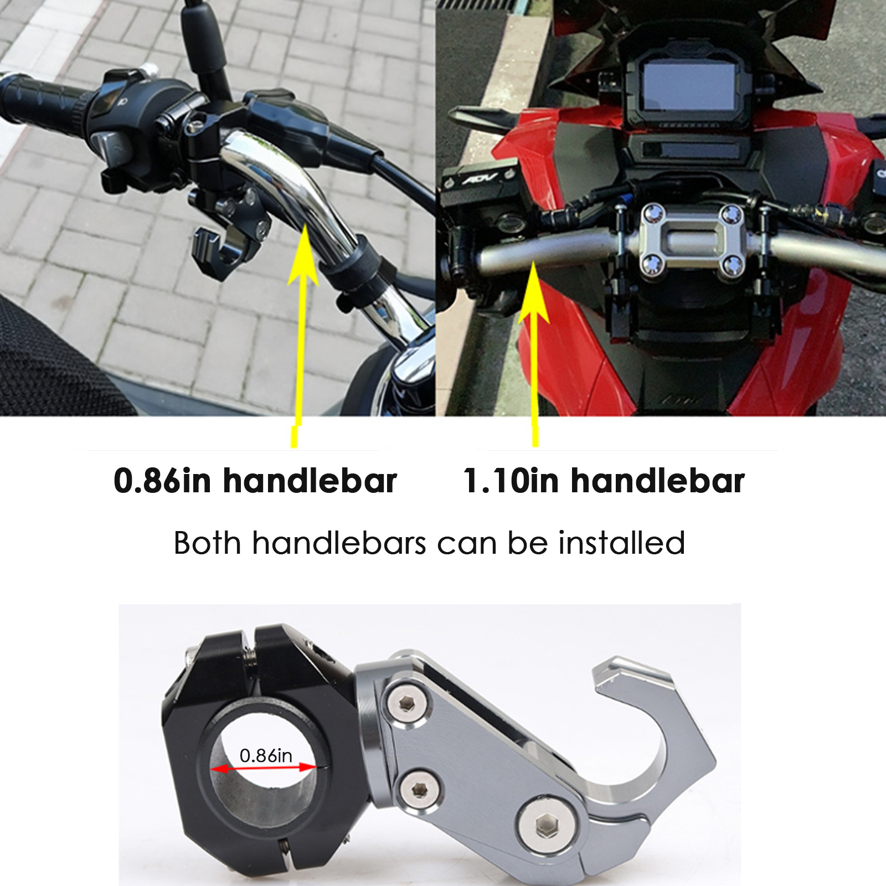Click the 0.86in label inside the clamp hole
266,755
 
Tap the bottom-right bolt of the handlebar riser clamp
734,266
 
